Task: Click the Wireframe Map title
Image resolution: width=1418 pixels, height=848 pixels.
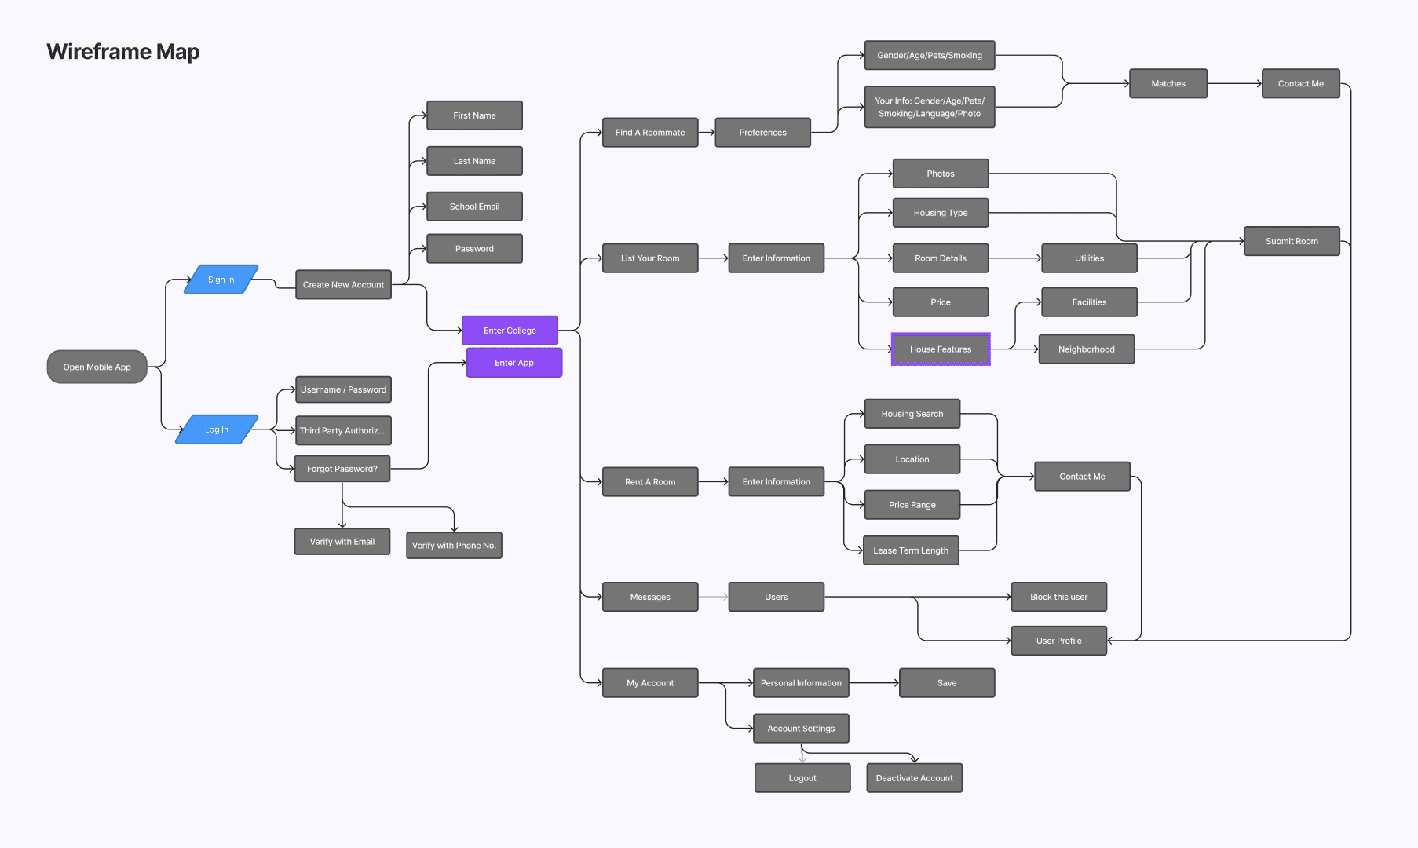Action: pyautogui.click(x=123, y=52)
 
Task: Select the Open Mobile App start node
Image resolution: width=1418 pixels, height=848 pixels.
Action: pyautogui.click(x=97, y=367)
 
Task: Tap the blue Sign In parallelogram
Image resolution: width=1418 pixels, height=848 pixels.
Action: pyautogui.click(x=221, y=280)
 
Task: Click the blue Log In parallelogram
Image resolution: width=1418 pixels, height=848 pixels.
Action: pyautogui.click(x=217, y=429)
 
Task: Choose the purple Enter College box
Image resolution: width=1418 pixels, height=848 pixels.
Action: pyautogui.click(x=510, y=331)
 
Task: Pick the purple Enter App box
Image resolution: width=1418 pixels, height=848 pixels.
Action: pyautogui.click(x=514, y=363)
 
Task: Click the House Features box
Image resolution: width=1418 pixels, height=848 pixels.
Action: pyautogui.click(x=941, y=349)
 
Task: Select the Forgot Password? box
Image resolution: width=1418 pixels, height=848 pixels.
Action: pyautogui.click(x=342, y=469)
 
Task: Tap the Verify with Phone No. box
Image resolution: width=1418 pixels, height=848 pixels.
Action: pyautogui.click(x=454, y=546)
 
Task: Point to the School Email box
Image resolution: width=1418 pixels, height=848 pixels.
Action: pyautogui.click(x=474, y=207)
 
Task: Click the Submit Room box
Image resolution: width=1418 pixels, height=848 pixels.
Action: pyautogui.click(x=1292, y=241)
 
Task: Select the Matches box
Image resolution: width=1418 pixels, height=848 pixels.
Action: pyautogui.click(x=1168, y=84)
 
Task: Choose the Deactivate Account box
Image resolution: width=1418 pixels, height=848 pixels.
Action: pyautogui.click(x=914, y=778)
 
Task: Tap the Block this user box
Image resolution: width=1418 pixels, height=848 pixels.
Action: pyautogui.click(x=1058, y=597)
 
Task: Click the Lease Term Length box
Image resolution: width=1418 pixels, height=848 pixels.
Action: pyautogui.click(x=911, y=550)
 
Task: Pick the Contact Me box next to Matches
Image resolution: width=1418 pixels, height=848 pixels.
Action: pyautogui.click(x=1300, y=84)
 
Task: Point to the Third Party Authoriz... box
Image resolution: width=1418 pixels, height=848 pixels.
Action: pyautogui.click(x=342, y=430)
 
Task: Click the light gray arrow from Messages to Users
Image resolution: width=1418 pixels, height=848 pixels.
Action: pyautogui.click(x=713, y=597)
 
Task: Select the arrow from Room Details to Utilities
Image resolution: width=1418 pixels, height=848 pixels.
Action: pyautogui.click(x=1014, y=258)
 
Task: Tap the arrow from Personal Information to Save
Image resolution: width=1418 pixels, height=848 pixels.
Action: pyautogui.click(x=874, y=683)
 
